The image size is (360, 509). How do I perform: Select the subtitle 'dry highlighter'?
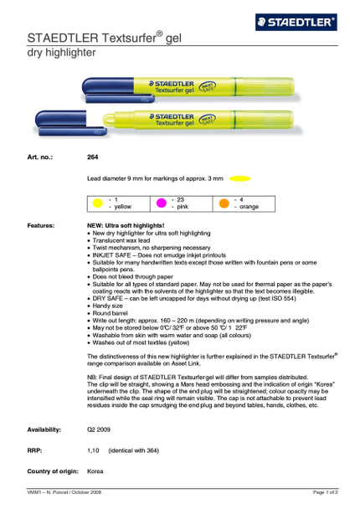[63, 54]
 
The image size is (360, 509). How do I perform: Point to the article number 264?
[92, 157]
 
